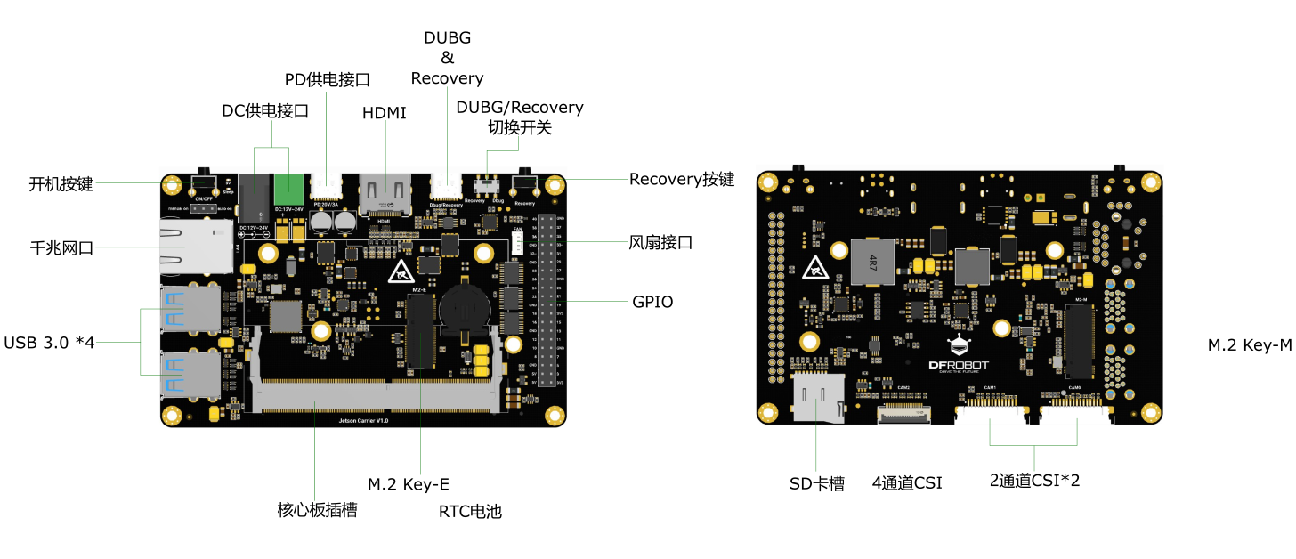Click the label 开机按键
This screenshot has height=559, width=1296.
(x=61, y=184)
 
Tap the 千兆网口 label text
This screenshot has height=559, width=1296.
(x=61, y=248)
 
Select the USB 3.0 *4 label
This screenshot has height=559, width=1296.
(x=49, y=342)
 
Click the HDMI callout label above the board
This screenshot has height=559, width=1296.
(x=384, y=113)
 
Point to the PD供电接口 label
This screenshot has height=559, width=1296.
(x=327, y=80)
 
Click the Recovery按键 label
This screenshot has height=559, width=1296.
(x=682, y=179)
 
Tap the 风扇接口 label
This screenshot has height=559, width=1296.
(x=660, y=242)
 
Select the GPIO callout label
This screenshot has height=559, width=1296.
(x=652, y=302)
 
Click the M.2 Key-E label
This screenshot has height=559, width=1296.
(x=409, y=484)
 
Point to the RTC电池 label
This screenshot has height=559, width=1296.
(x=470, y=511)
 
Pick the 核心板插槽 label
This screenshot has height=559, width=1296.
(x=317, y=511)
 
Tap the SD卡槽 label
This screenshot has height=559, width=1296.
(x=816, y=483)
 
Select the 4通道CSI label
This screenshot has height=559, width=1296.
(x=906, y=483)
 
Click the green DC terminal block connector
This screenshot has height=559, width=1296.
(x=288, y=189)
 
